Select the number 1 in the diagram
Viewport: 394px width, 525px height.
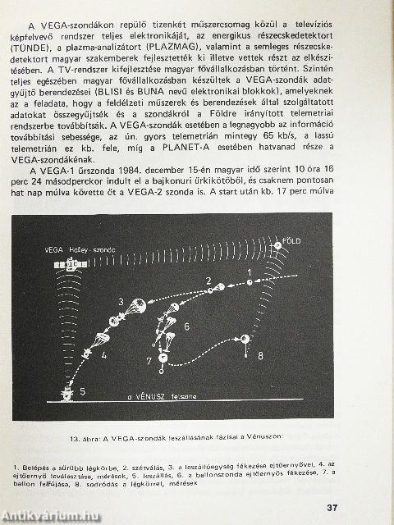[x=249, y=272]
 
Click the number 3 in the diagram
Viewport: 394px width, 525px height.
[x=121, y=302]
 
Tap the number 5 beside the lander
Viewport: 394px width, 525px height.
[x=82, y=393]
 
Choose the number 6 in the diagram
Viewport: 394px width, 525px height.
[x=186, y=326]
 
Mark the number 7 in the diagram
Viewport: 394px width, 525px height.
[x=149, y=361]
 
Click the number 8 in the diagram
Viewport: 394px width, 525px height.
[x=260, y=356]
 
